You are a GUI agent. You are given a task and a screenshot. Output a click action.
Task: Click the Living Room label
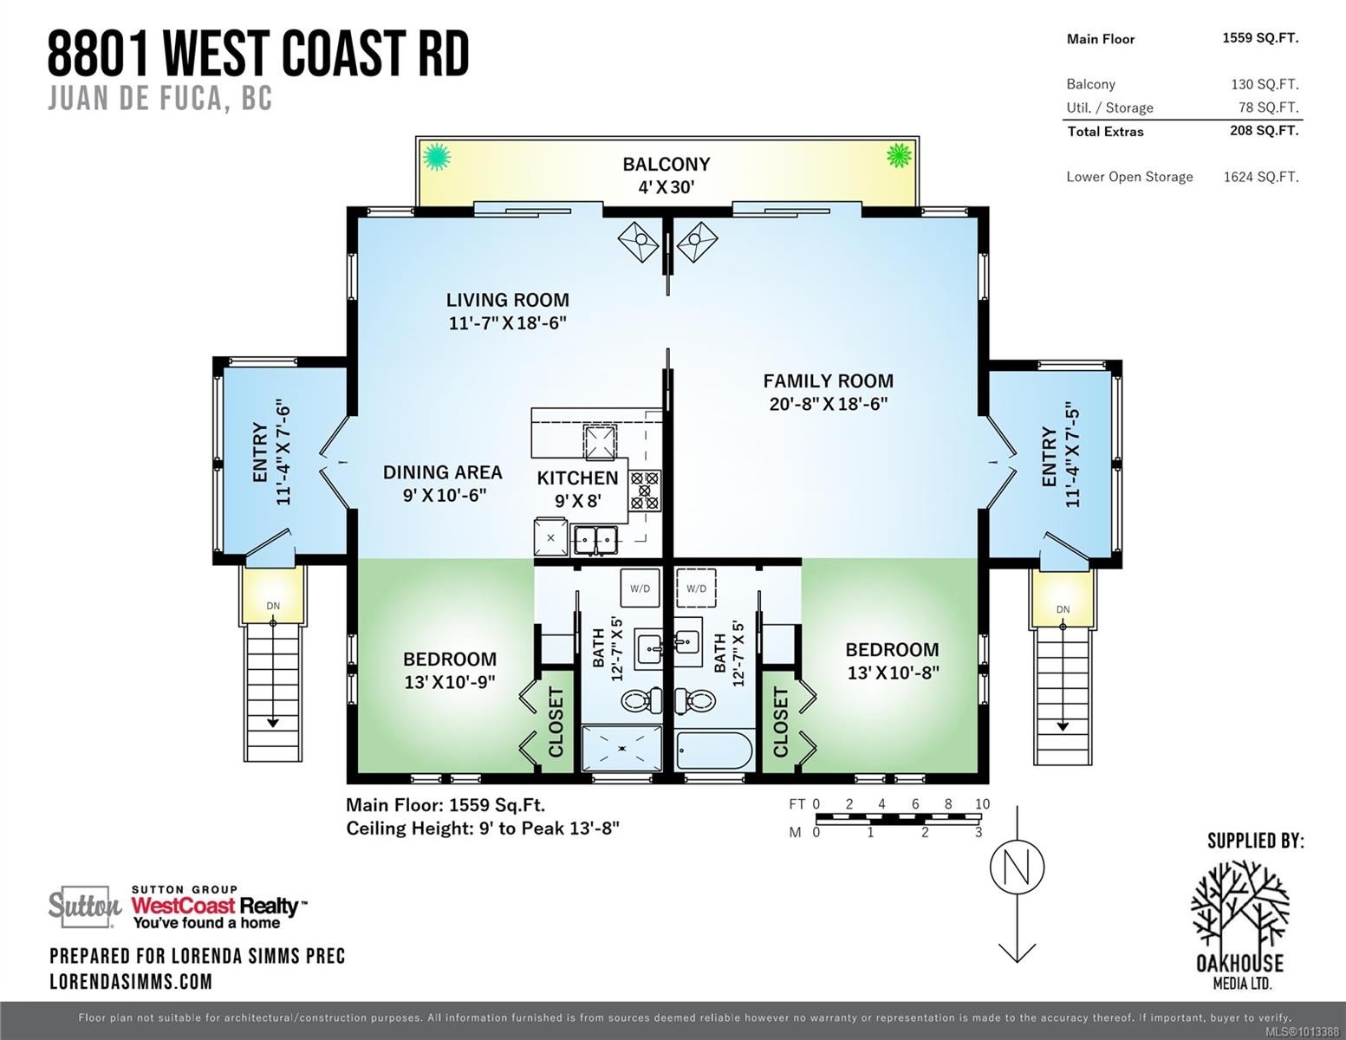coord(507,301)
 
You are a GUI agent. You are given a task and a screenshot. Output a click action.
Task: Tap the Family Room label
coord(828,381)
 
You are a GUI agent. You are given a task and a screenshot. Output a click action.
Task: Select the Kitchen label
coord(577,478)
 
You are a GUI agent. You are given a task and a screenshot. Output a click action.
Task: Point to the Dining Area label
coord(442,472)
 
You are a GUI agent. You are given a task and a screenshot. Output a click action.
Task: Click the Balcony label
coord(666,165)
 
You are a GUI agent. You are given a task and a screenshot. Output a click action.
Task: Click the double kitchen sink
coord(595,539)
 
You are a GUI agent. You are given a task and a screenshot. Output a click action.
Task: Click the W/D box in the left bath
coord(640,588)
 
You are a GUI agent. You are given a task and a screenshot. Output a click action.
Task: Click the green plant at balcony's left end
coord(437,157)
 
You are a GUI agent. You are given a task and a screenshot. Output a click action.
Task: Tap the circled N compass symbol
coord(1017,867)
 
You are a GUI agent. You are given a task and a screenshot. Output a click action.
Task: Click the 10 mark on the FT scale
coord(981,804)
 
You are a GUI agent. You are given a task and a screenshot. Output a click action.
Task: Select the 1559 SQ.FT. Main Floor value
coord(1259,38)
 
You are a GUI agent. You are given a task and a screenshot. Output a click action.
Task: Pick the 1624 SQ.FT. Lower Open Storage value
coord(1260,177)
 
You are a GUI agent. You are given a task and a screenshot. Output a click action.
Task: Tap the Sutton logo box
coord(84,907)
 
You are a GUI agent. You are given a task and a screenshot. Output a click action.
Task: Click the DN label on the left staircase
coord(273,606)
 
